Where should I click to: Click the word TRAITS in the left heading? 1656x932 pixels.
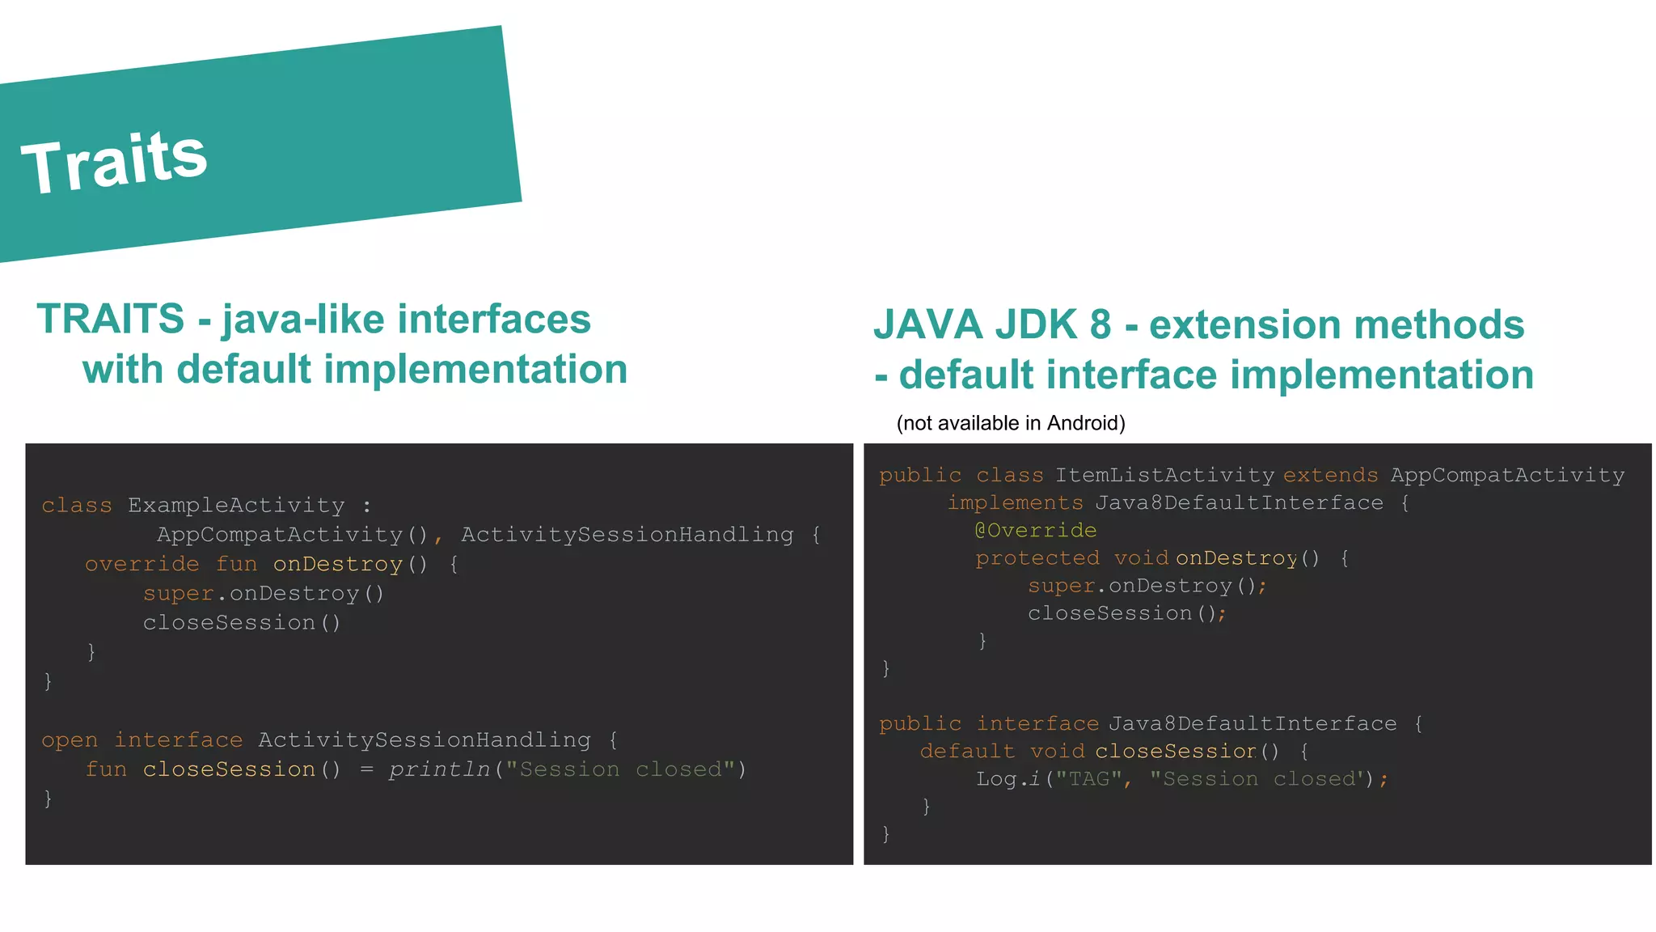click(x=111, y=319)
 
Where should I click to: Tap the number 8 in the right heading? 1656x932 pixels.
click(x=1100, y=324)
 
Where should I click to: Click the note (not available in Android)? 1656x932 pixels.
click(x=1011, y=423)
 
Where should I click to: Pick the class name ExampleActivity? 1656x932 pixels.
click(x=236, y=506)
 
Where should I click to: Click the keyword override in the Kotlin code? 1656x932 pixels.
click(x=142, y=564)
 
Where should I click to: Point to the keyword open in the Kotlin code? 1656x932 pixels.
click(x=70, y=740)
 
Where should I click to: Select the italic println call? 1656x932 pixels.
click(x=439, y=769)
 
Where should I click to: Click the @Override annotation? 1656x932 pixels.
click(x=1036, y=531)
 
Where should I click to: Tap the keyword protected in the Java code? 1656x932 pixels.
click(x=1037, y=558)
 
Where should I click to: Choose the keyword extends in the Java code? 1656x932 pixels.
click(x=1330, y=476)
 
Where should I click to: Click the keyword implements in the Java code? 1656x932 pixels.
click(x=1015, y=503)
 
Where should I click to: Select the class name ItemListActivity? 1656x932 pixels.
click(x=1164, y=476)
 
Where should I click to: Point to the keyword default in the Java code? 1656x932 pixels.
click(x=967, y=752)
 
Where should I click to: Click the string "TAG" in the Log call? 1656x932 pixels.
click(x=1088, y=779)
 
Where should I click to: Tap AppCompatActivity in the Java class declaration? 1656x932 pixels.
click(x=1507, y=476)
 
